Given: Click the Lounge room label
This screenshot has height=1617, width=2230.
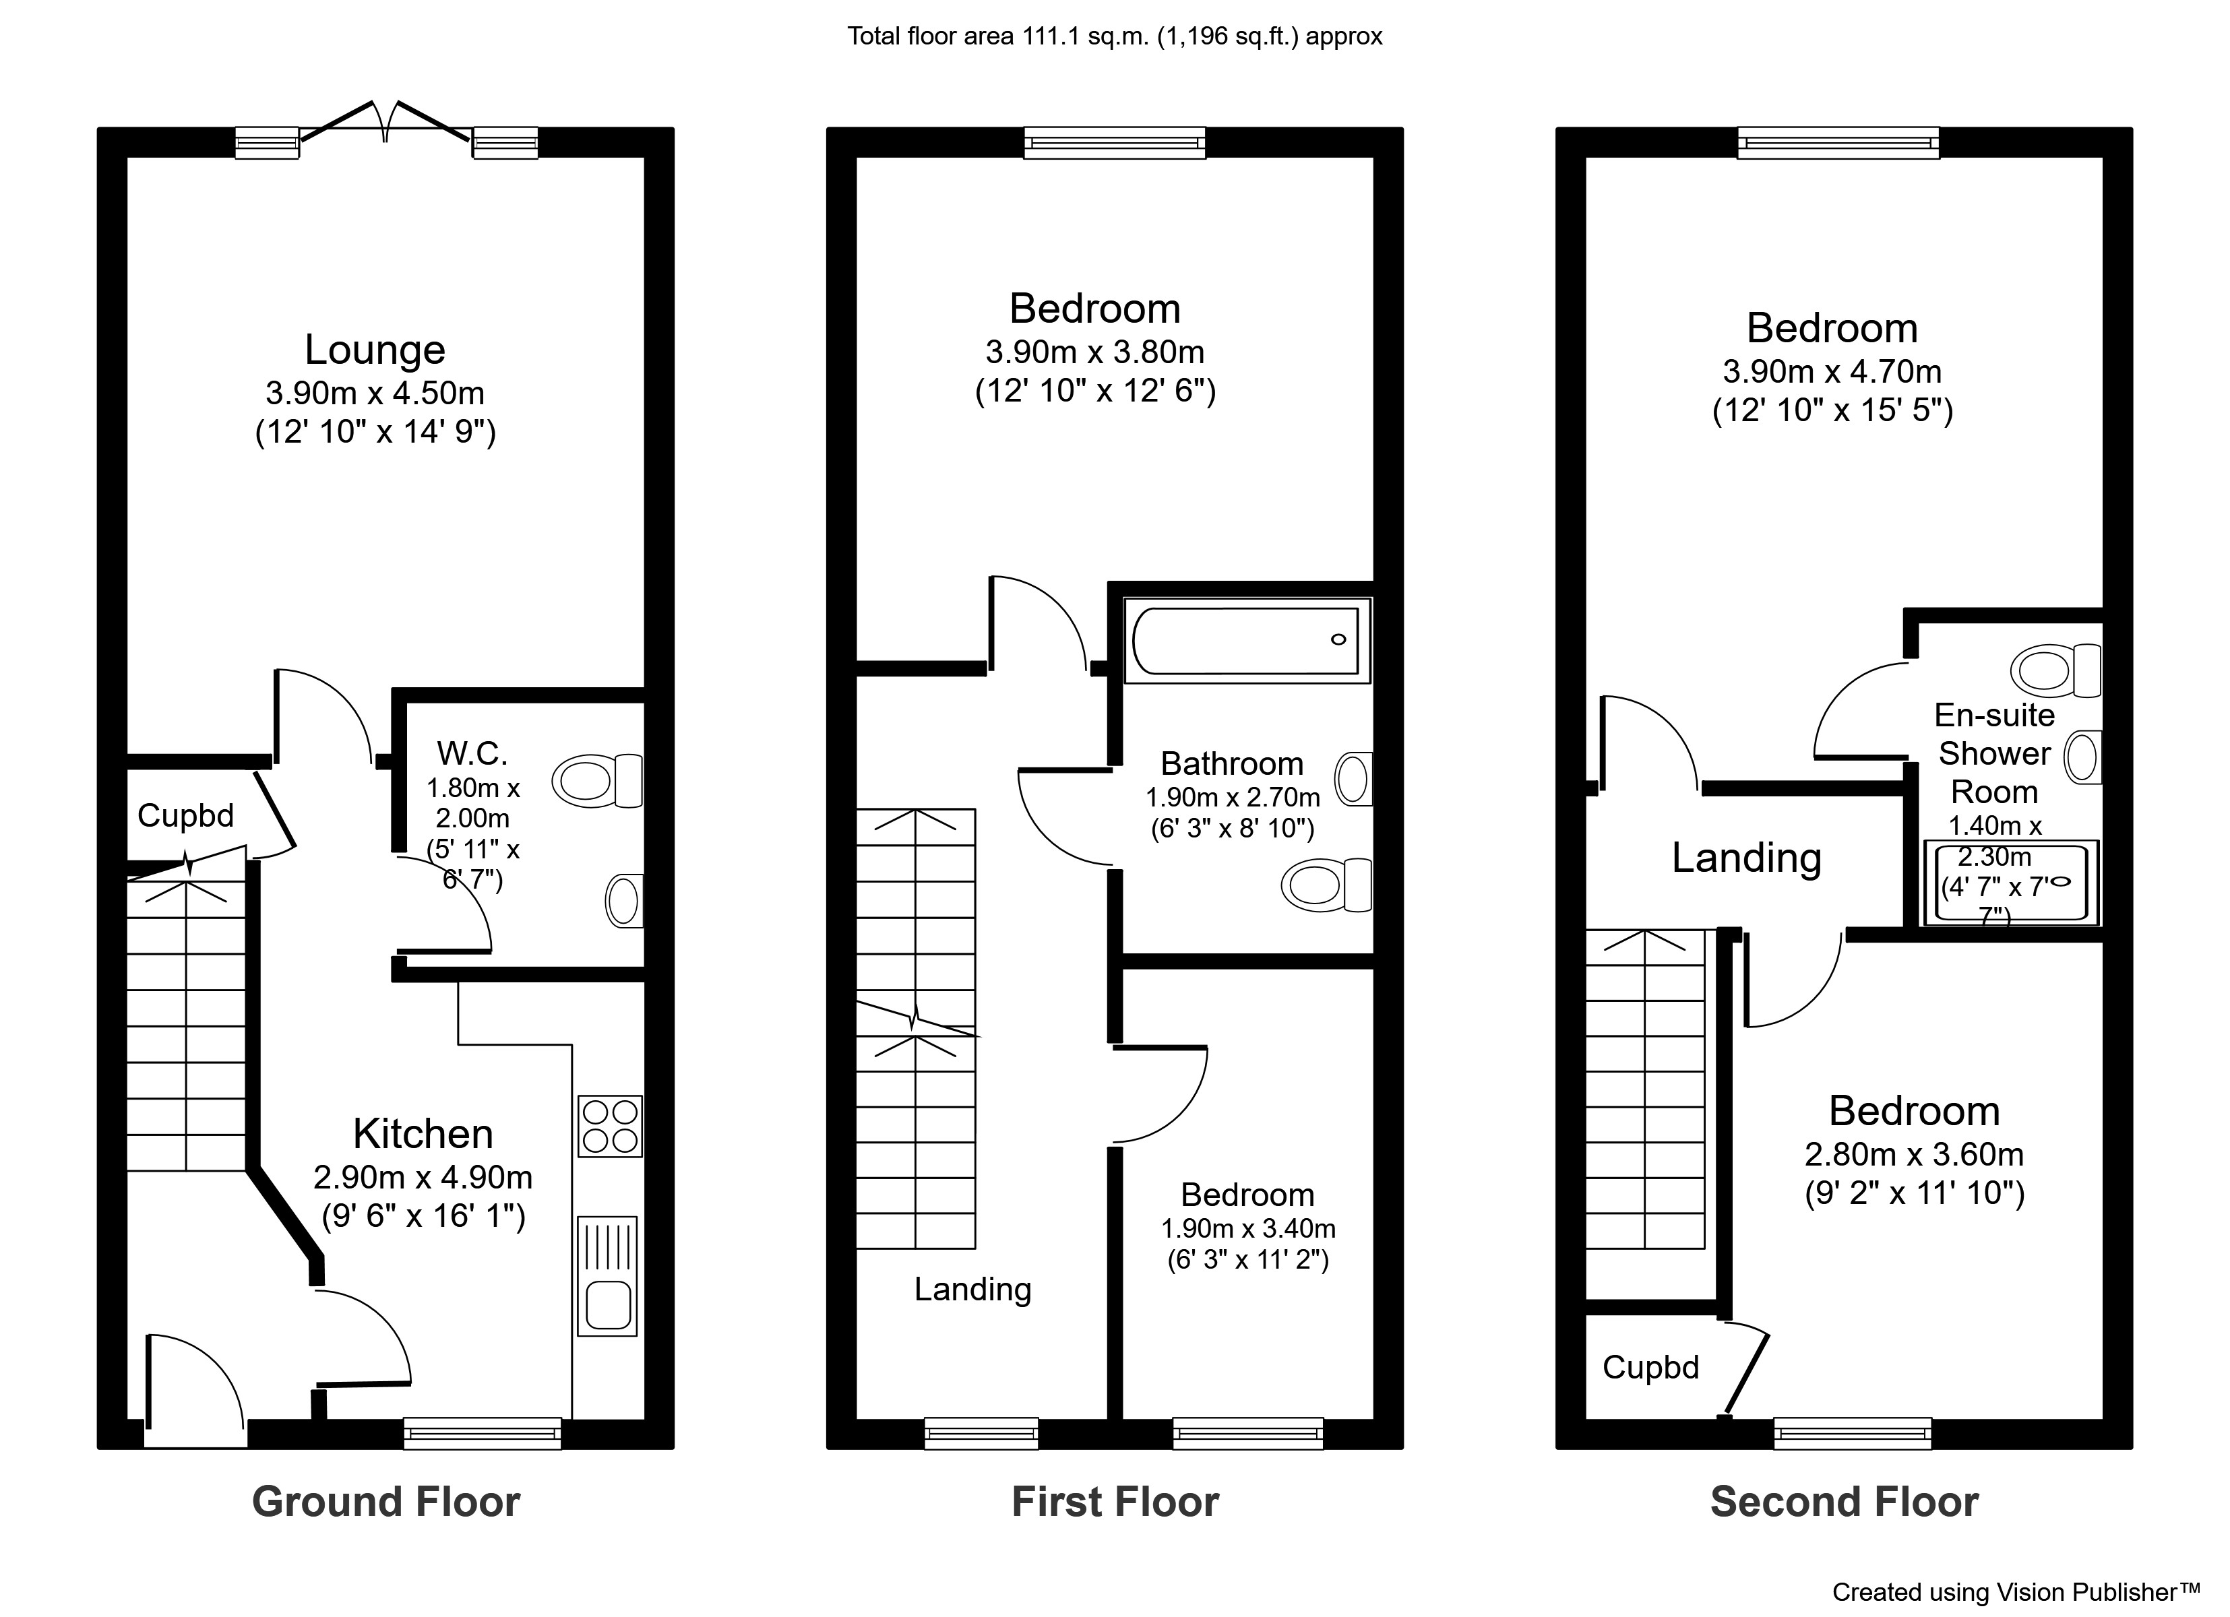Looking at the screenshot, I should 375,350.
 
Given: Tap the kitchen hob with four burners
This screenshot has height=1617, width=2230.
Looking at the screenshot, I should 610,1126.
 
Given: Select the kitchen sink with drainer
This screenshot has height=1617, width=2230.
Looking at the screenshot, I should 608,1276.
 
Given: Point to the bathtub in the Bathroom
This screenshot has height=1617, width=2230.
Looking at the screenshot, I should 1246,640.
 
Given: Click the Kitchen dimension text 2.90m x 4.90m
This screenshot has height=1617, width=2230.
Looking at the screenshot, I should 423,1176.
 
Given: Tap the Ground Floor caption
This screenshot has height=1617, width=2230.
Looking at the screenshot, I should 385,1502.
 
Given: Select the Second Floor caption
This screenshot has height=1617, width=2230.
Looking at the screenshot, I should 1844,1502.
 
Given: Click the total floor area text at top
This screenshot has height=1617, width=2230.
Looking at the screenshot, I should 1114,36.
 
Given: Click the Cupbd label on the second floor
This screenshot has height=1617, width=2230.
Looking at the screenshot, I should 1651,1367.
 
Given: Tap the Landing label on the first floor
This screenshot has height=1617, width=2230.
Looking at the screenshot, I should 972,1289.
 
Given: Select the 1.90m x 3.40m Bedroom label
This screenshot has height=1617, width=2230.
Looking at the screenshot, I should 1247,1195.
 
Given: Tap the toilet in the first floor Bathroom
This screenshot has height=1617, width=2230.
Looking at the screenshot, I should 1326,885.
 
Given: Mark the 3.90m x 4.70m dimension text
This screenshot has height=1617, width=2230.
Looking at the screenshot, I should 1832,371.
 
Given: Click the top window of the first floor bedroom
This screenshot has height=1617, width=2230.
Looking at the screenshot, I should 1114,144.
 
